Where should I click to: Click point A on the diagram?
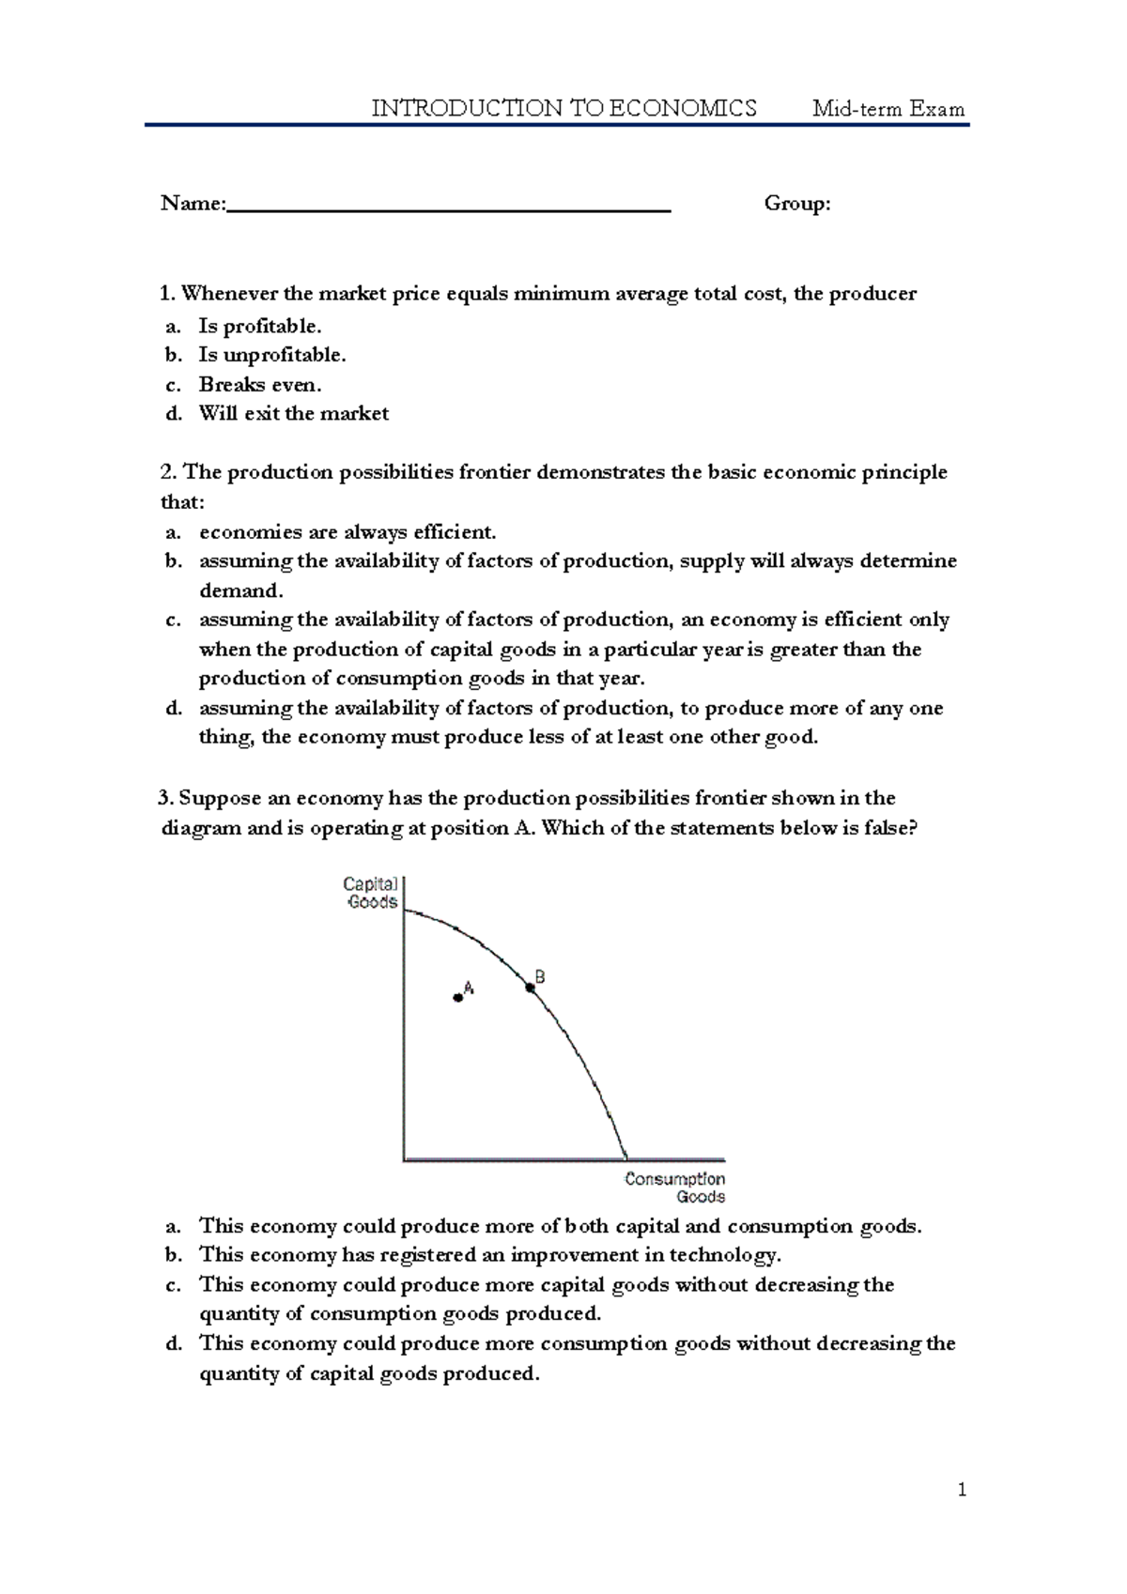coord(458,998)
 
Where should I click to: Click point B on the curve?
coord(531,987)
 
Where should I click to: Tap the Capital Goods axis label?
coord(371,893)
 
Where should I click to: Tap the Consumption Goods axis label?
coord(675,1188)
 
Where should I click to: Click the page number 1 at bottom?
coord(962,1489)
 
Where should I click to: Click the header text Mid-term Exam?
coord(888,109)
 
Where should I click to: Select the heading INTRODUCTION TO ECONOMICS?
coord(563,109)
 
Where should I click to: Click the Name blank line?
coord(449,210)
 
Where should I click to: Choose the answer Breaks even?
coord(260,385)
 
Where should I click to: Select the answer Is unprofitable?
coord(272,355)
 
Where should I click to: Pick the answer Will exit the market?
coord(293,414)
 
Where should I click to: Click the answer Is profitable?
coord(260,327)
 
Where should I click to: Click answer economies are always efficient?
coord(347,532)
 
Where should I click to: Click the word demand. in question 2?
coord(240,591)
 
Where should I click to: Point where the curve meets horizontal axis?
coord(626,1158)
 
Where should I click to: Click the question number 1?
coord(166,294)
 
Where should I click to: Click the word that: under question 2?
coord(182,502)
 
